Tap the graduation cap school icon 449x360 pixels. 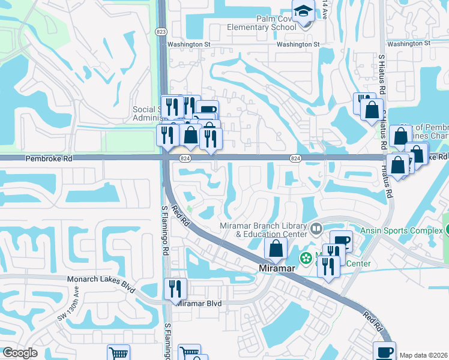click(x=303, y=10)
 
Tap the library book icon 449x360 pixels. click(x=316, y=229)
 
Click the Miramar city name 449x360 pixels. click(x=276, y=269)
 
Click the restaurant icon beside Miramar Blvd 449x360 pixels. click(x=175, y=289)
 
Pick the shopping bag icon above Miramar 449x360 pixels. click(x=276, y=248)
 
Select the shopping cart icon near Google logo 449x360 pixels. click(x=118, y=354)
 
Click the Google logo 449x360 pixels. click(x=20, y=353)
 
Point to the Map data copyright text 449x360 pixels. click(x=424, y=355)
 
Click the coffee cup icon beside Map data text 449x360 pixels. click(x=384, y=352)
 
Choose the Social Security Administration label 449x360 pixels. click(x=147, y=114)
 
